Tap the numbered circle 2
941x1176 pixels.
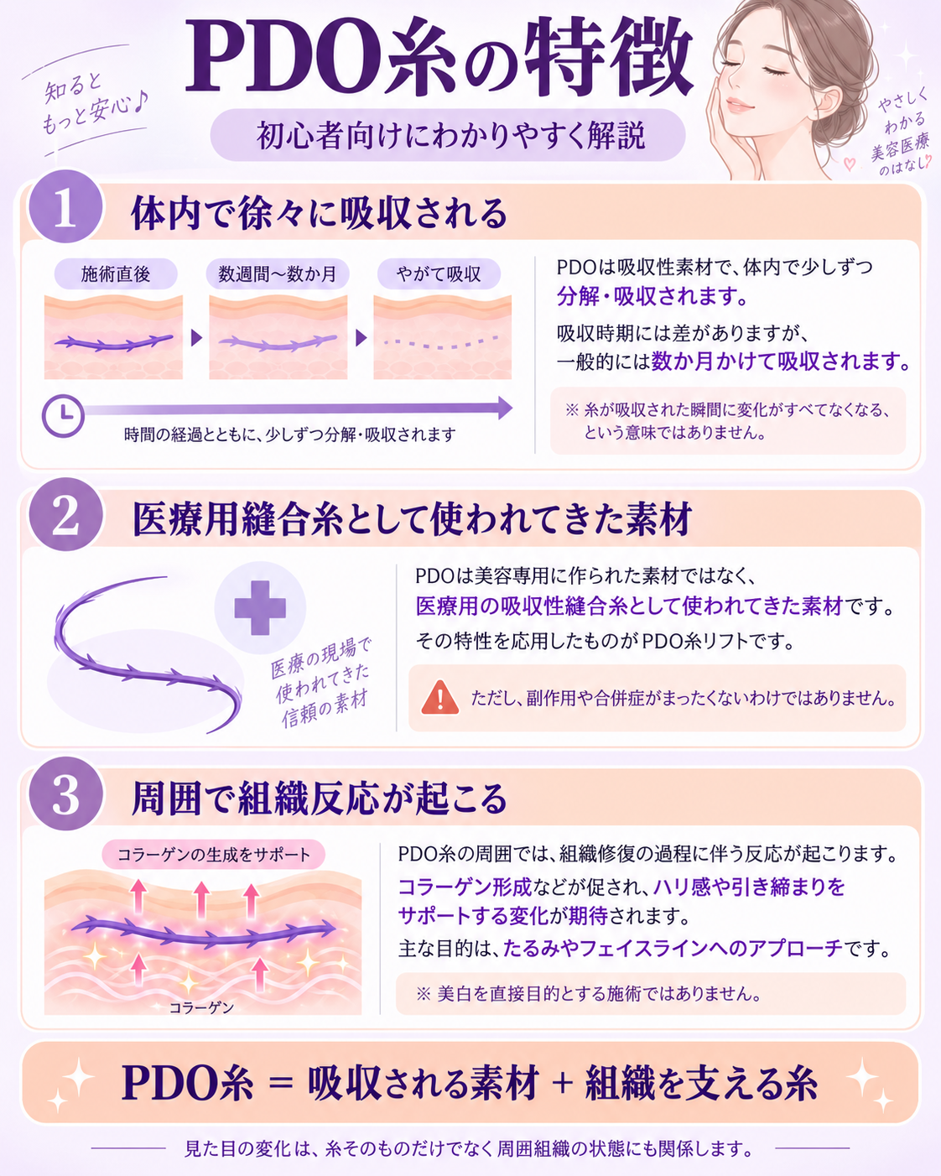65,515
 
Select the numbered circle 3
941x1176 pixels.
65,794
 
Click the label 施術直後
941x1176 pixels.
115,273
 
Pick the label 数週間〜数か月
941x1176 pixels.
278,273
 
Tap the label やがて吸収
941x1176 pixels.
439,273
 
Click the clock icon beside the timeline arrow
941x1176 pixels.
63,416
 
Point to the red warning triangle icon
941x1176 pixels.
440,698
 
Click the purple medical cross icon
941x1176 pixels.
260,607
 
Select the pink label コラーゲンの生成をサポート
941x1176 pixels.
214,855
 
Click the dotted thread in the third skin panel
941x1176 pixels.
441,343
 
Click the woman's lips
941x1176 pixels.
740,104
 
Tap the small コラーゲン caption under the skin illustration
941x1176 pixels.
201,1007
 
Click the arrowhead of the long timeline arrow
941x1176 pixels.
505,408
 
